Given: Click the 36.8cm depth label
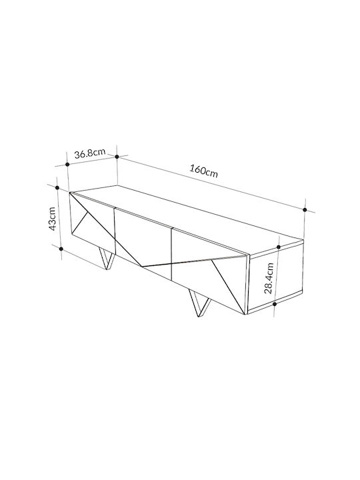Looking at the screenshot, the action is click(90, 153).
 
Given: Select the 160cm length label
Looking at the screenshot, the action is click(204, 171).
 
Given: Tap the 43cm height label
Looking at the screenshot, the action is click(52, 219).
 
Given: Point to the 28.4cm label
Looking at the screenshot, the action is click(269, 278).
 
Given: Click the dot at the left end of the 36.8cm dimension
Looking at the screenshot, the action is click(67, 165).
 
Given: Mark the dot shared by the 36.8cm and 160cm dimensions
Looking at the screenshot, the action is click(117, 157).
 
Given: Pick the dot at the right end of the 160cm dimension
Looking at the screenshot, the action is click(305, 210).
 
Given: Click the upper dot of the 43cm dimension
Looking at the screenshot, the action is click(57, 187).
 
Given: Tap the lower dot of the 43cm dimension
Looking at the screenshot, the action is click(61, 249).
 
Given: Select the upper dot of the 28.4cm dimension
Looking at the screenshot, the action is click(279, 247).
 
